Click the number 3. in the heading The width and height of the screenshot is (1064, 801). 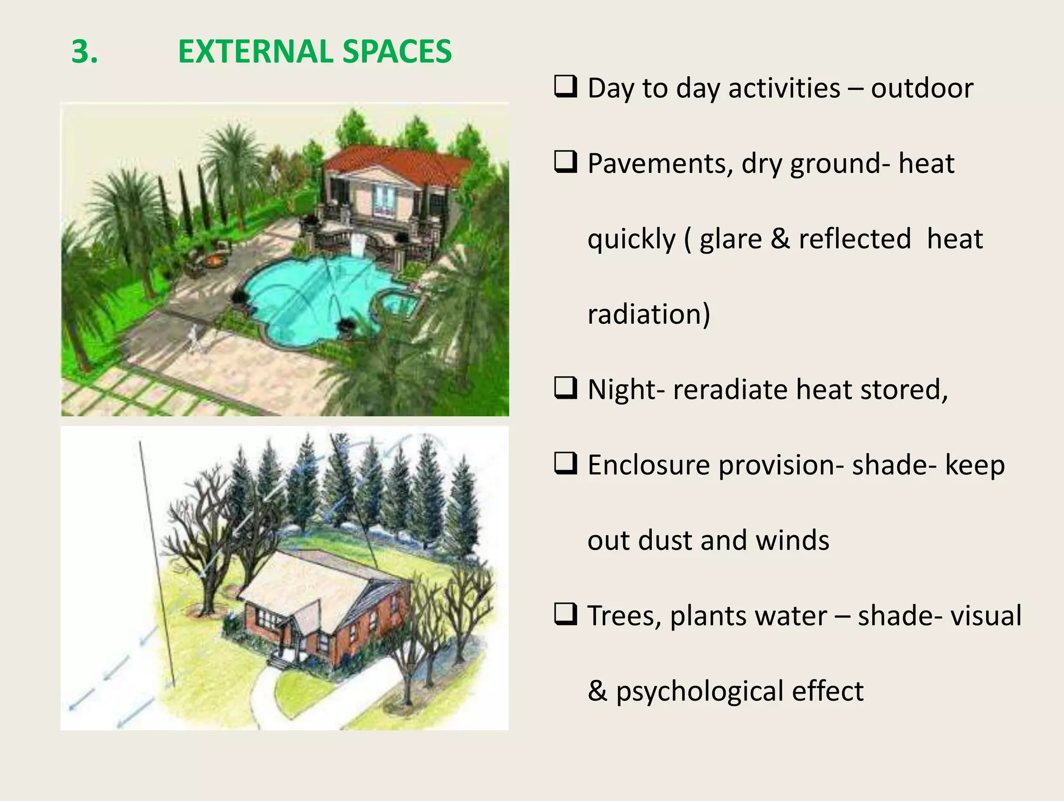tap(84, 52)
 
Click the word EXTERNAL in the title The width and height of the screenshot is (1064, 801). tap(255, 52)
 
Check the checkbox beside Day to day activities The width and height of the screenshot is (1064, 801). tap(565, 86)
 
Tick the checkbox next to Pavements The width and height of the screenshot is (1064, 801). tap(565, 162)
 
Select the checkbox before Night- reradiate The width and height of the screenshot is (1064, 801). tap(565, 388)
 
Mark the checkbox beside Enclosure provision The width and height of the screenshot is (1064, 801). tap(565, 463)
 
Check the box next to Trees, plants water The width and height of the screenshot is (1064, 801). tap(565, 614)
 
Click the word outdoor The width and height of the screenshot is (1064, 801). tap(922, 88)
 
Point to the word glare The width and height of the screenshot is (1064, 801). tap(730, 239)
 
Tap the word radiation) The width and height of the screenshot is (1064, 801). tap(648, 314)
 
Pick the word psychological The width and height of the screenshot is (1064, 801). tap(699, 692)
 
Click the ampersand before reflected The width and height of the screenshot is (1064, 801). tap(780, 239)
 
